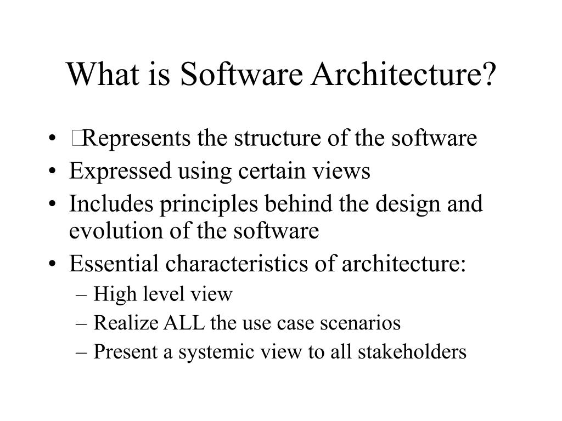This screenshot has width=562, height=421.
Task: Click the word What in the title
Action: (x=101, y=74)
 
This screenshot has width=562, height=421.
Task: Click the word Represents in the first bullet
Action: (x=137, y=139)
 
